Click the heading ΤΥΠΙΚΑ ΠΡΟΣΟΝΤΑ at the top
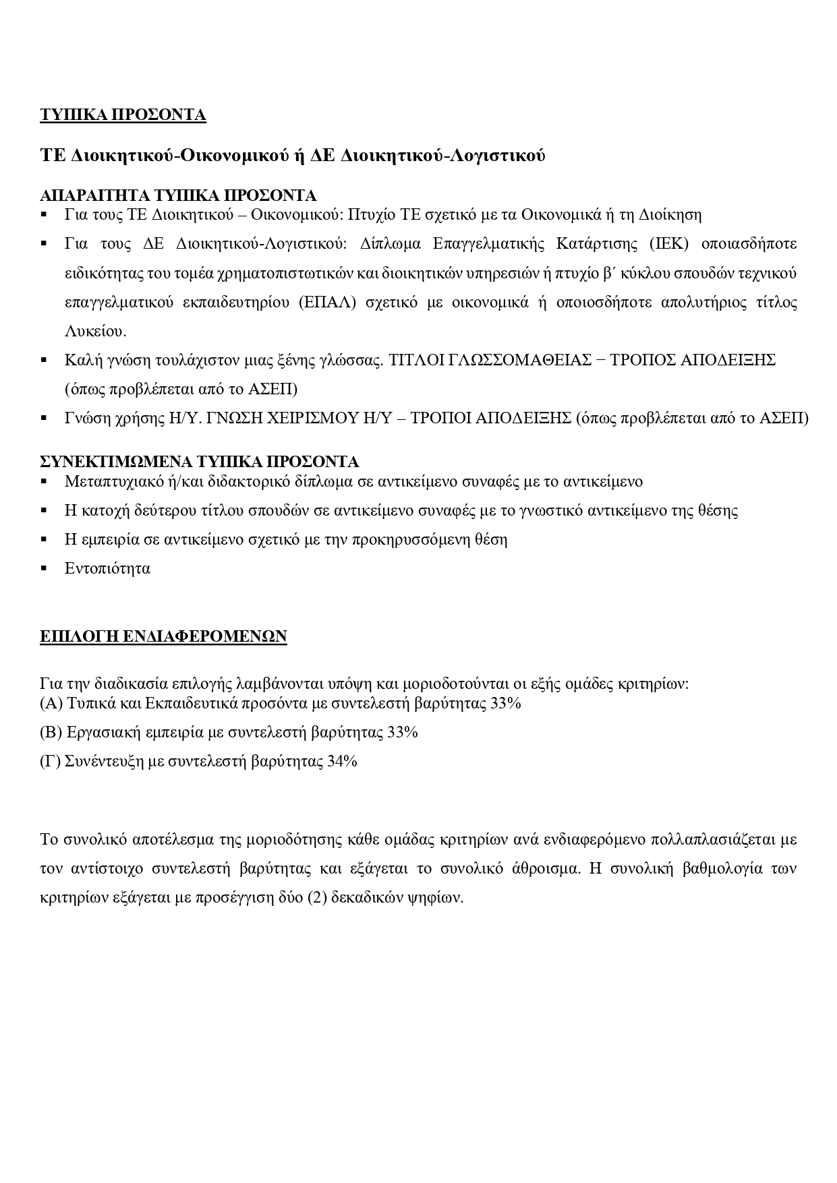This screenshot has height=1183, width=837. click(123, 115)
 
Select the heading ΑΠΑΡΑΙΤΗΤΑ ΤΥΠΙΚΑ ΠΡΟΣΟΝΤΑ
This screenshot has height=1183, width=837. click(178, 195)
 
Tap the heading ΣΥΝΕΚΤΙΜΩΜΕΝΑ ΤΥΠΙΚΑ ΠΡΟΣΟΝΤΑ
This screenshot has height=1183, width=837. click(199, 462)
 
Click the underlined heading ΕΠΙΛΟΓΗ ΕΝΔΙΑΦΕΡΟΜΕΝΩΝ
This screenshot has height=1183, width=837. click(163, 636)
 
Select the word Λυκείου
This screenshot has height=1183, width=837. click(95, 331)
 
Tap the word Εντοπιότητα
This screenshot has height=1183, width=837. click(107, 568)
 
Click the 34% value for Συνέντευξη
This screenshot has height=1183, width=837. click(342, 762)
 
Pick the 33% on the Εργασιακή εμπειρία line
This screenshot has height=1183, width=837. click(403, 732)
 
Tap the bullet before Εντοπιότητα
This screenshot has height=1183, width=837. click(44, 568)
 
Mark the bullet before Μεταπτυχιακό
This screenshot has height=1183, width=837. click(44, 482)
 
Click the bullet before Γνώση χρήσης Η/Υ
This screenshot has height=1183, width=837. click(44, 419)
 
